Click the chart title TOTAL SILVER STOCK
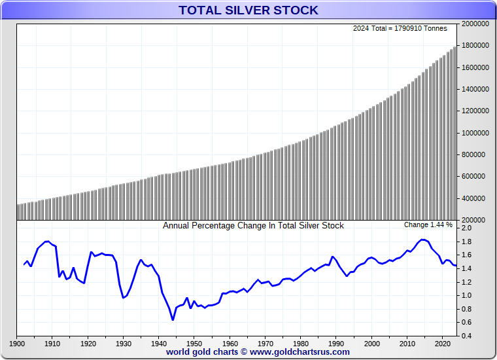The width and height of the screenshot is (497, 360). coord(248,10)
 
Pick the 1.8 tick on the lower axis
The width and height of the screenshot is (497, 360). coord(466,242)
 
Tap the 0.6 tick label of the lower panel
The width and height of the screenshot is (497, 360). coord(466,322)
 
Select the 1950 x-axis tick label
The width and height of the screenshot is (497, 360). coord(194,343)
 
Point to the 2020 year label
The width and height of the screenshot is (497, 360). coord(443,343)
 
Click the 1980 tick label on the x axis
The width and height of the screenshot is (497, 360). coord(301,343)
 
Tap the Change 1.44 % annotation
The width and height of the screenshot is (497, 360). coord(428,225)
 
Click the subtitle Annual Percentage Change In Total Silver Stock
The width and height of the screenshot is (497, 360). coord(253,226)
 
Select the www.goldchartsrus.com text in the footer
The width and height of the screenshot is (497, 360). coord(300,352)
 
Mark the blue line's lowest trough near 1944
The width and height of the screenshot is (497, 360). coord(173,319)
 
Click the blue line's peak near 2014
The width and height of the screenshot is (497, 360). coord(422,240)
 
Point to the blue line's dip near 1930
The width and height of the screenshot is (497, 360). coord(123,298)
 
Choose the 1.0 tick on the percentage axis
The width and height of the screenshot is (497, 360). coord(466,295)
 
